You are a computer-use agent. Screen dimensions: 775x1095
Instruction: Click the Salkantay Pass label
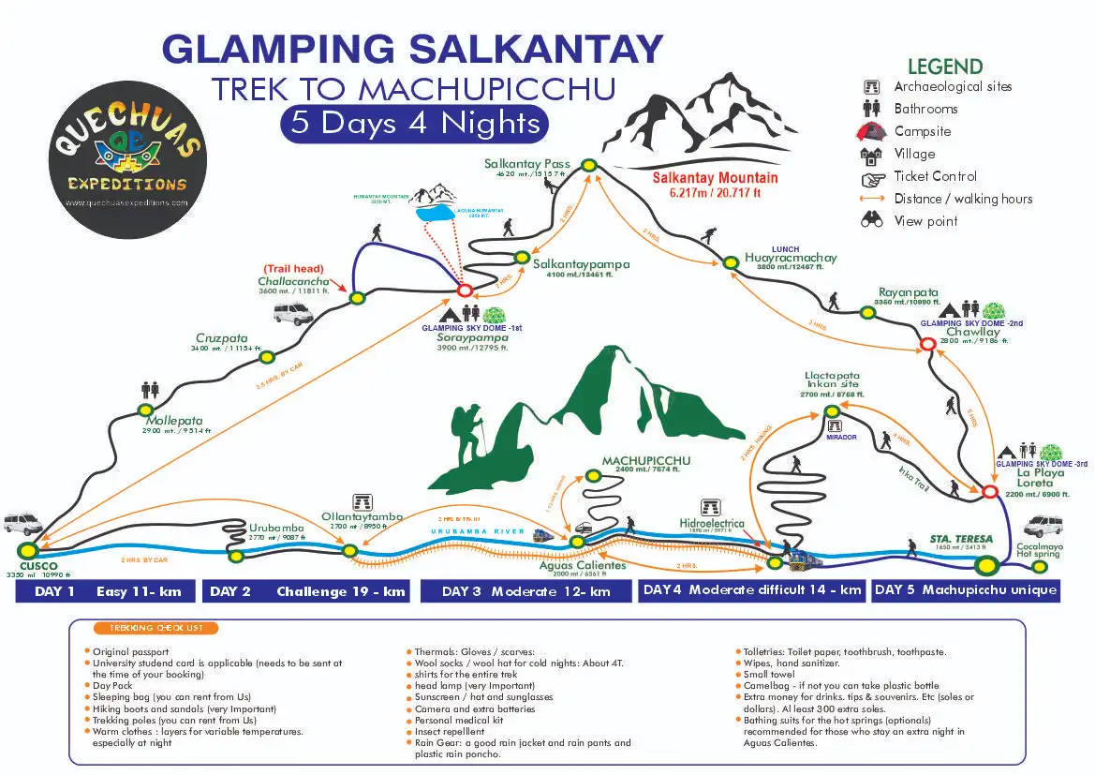pos(526,164)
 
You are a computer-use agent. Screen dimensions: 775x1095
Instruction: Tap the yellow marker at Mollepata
pos(145,410)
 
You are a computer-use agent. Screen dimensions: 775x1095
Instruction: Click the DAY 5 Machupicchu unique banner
pos(966,590)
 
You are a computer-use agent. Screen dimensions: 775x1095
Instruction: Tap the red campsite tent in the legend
pos(871,131)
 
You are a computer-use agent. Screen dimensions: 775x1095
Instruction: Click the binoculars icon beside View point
pos(871,221)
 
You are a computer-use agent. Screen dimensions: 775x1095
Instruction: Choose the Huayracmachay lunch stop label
pos(791,258)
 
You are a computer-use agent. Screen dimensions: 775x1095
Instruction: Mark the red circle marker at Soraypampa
pos(464,291)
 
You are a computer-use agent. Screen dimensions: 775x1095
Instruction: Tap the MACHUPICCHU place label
pos(646,461)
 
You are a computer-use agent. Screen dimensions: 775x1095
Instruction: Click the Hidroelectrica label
pos(712,524)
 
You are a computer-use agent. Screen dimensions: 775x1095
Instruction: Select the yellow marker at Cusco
pos(27,550)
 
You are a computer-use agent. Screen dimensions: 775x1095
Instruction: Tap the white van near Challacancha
pos(293,314)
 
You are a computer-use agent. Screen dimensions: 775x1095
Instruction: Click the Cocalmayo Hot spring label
pos(1039,549)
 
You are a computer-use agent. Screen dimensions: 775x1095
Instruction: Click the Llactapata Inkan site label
pos(832,381)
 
